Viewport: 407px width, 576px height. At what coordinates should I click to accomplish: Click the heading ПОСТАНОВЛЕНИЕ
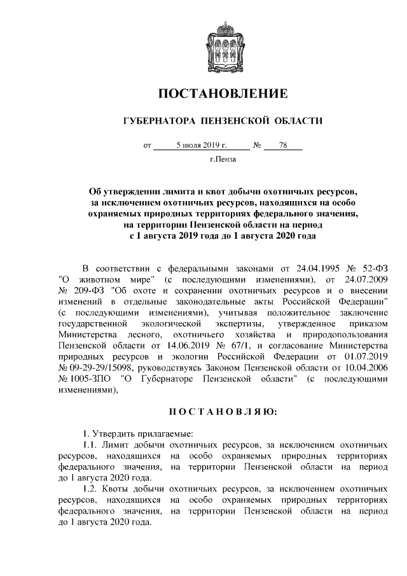[222, 94]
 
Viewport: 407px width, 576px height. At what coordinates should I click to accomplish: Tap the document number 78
[282, 145]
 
